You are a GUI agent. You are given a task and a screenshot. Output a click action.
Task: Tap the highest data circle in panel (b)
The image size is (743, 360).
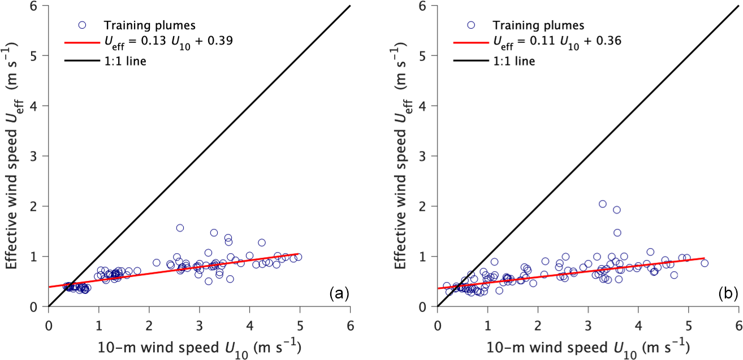click(603, 204)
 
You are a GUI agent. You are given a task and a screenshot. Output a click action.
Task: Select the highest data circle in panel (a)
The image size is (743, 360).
click(180, 228)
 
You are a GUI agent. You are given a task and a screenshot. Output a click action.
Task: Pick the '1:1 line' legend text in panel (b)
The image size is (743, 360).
click(514, 60)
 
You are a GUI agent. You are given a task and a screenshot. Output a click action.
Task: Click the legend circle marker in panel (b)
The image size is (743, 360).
click(471, 25)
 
